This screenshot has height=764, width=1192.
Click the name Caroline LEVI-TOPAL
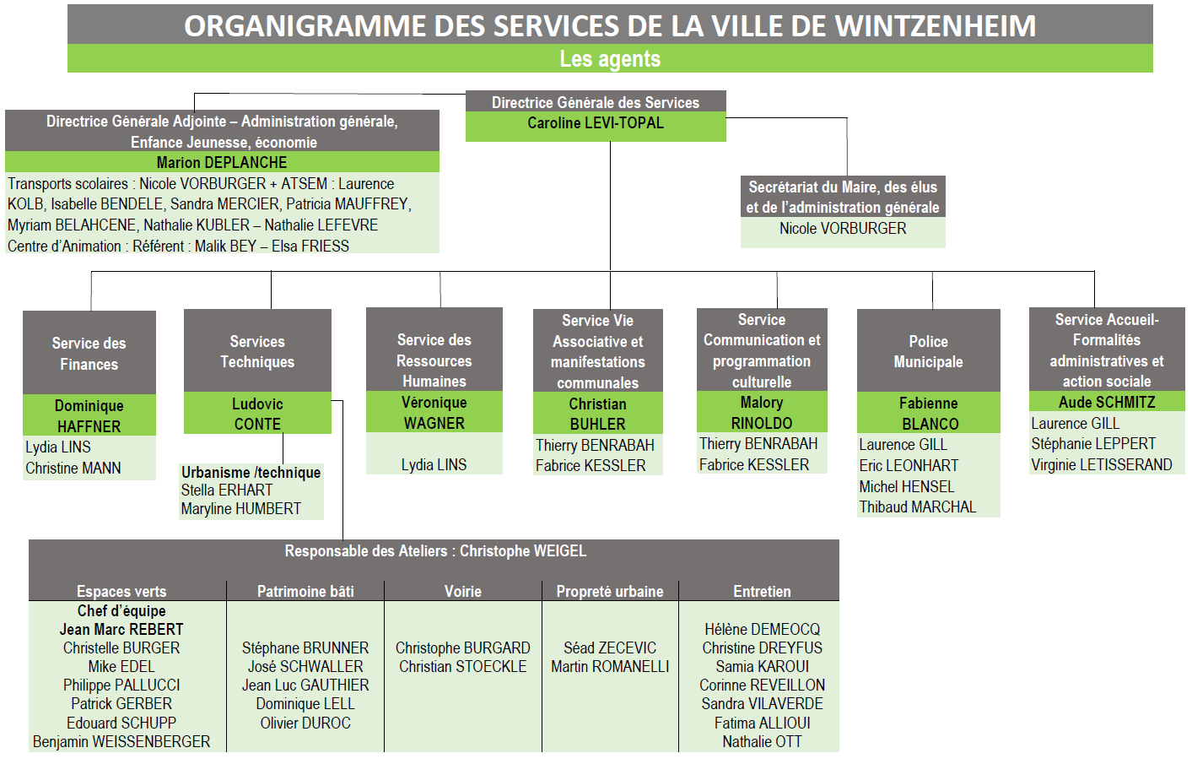[x=596, y=123]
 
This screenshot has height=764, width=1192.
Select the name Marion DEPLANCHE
[x=221, y=162]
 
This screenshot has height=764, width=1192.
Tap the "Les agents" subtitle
[x=610, y=58]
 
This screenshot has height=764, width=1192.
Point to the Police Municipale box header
[x=928, y=351]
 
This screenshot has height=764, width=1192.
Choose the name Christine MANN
[x=73, y=468]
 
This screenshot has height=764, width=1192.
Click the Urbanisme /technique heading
[x=251, y=472]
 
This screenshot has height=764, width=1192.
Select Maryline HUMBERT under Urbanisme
[x=241, y=509]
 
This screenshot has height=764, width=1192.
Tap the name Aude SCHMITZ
[x=1107, y=402]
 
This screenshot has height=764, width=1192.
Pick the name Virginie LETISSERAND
[x=1102, y=465]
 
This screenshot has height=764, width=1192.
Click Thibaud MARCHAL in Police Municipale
[x=918, y=507]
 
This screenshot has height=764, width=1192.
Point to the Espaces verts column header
[x=121, y=591]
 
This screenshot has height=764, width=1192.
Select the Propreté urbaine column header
[x=610, y=591]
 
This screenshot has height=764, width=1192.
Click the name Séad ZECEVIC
[x=610, y=648]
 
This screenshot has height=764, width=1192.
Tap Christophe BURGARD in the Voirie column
[x=462, y=648]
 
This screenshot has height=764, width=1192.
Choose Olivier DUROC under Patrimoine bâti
[x=305, y=723]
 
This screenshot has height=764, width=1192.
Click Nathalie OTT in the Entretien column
[x=762, y=741]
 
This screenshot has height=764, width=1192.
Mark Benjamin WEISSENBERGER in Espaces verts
[x=121, y=741]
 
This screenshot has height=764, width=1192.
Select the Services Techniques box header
[x=257, y=351]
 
